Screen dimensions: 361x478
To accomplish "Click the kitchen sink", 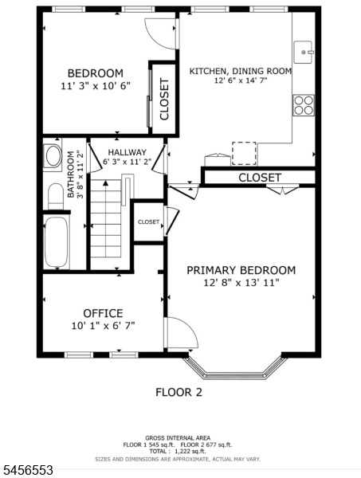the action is click(303, 52).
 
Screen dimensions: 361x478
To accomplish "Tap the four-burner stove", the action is click(304, 105).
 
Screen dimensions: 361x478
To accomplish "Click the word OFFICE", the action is click(103, 313).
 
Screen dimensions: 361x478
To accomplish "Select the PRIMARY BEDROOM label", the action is click(241, 270).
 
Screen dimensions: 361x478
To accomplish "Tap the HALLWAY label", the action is click(128, 152).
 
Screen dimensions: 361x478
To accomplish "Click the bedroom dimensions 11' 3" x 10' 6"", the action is click(96, 86).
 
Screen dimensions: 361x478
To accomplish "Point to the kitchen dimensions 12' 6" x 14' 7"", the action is click(241, 80).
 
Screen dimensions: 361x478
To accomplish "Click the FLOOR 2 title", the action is click(179, 392).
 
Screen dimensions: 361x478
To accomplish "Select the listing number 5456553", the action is click(27, 470).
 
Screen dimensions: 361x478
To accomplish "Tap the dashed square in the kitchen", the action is click(244, 153).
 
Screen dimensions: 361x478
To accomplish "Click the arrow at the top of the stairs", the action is click(105, 183).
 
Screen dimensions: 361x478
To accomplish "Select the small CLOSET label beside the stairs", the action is click(148, 222).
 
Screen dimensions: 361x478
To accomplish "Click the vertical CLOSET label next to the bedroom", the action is click(164, 99).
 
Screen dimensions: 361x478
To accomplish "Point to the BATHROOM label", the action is click(70, 174).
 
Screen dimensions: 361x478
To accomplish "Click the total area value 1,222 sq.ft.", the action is click(190, 451).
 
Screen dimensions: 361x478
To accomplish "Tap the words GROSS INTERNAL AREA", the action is click(178, 438).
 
